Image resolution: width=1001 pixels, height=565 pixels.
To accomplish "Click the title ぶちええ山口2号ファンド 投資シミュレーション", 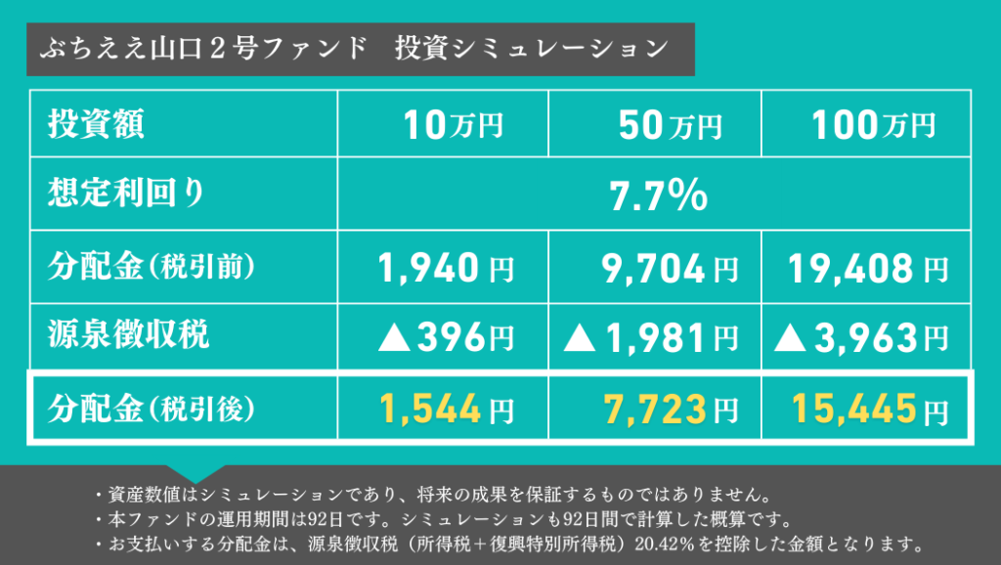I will point(354,49).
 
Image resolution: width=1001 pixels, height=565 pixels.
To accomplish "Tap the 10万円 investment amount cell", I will point(454,125).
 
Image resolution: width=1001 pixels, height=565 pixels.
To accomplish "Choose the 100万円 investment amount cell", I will point(872,125).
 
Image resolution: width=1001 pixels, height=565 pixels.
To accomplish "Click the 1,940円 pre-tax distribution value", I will point(446,266).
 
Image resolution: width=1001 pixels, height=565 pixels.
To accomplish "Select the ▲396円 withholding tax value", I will point(446,338).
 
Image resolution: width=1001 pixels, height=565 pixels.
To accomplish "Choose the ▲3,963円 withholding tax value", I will point(860,338).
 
